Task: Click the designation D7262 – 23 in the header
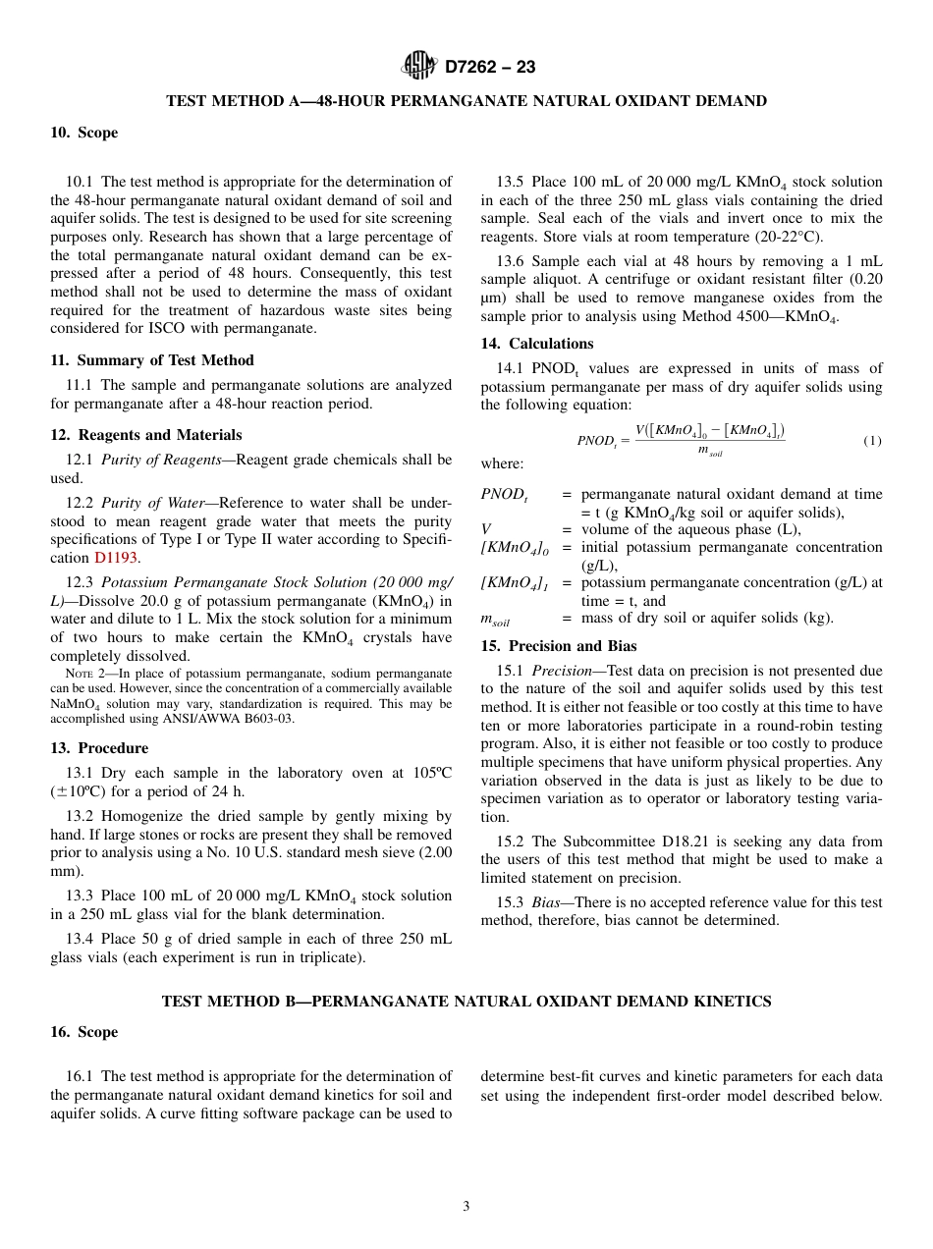click(490, 67)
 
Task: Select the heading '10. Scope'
click(84, 133)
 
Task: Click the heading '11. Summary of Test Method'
click(152, 360)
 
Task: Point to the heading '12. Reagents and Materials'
click(146, 435)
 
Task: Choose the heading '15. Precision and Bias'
click(558, 646)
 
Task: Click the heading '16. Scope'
click(84, 1032)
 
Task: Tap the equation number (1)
click(872, 441)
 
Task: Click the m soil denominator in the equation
click(709, 452)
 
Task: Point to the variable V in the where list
click(486, 529)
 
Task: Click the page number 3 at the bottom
click(466, 1207)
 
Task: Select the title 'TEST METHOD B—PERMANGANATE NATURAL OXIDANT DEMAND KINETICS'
click(466, 1002)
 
